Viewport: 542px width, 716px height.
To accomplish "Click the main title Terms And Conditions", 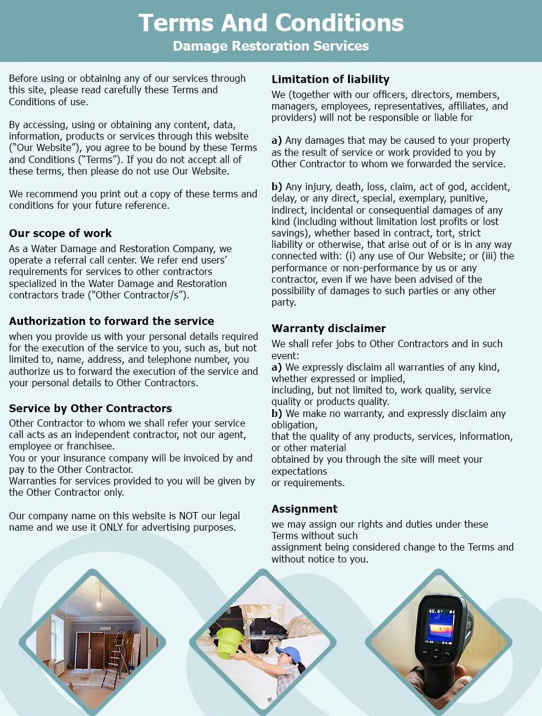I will click(x=271, y=23).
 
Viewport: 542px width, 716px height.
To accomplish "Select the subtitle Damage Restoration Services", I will click(x=271, y=46).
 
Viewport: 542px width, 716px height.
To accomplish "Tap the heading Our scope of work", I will click(x=60, y=233).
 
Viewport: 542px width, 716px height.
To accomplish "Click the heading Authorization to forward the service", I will click(x=111, y=321).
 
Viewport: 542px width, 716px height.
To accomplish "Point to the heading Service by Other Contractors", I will click(x=90, y=409).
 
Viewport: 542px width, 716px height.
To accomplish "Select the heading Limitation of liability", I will click(x=331, y=79).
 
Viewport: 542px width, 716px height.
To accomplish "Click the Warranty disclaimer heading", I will click(x=329, y=329).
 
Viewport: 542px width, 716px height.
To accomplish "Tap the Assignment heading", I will click(x=304, y=509).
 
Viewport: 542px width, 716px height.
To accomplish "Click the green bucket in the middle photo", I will click(x=229, y=643).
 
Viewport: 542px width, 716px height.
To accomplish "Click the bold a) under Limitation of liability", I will click(x=276, y=140).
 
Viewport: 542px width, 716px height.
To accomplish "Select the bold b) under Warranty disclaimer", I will click(x=276, y=413).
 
